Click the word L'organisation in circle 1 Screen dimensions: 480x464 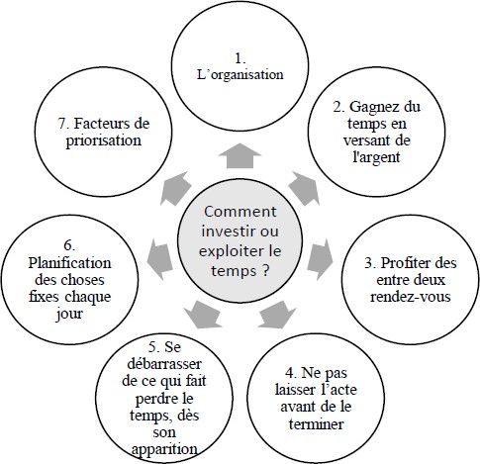point(240,75)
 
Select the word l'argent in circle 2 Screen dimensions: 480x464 point(376,157)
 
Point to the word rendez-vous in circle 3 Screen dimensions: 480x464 point(411,296)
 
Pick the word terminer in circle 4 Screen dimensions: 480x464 point(316,423)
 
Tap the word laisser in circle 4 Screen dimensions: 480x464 point(295,390)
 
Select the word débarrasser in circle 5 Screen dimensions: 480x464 point(164,364)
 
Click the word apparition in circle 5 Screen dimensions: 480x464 point(164,449)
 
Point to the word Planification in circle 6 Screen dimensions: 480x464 point(69,263)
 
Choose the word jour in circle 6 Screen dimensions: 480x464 point(69,314)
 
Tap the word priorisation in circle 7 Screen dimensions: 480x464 point(104,140)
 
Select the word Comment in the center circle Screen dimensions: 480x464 point(240,212)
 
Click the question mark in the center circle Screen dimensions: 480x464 point(265,271)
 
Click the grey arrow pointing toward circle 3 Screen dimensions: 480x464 point(320,259)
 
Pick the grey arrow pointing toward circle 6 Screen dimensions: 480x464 point(159,259)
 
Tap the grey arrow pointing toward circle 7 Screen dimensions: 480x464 point(175,189)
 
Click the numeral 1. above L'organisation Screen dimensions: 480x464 point(240,58)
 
